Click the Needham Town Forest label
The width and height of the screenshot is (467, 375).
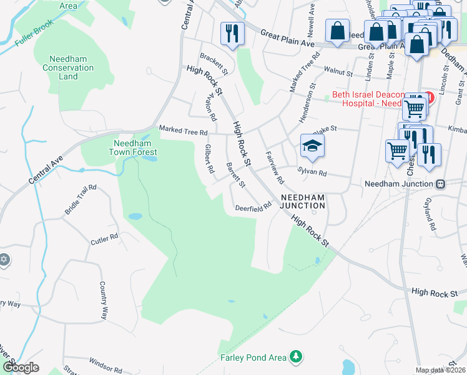tap(133, 147)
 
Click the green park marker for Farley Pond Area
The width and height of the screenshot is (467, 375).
tap(297, 357)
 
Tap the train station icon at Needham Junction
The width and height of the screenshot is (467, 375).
tap(441, 184)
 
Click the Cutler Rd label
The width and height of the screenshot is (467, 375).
tap(104, 239)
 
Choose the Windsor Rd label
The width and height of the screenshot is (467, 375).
tap(105, 362)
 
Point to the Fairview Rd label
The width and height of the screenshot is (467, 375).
tap(275, 167)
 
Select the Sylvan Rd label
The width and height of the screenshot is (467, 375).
tap(312, 171)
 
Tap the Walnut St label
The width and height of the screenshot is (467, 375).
tap(334, 71)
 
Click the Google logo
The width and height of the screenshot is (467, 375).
tap(20, 367)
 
